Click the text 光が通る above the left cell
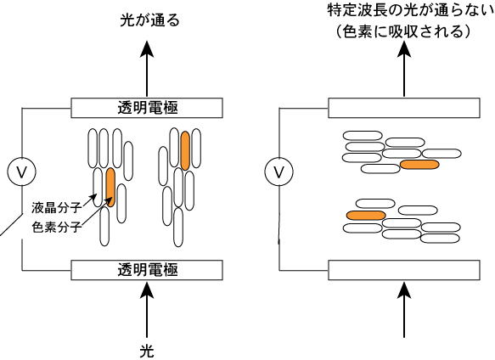[149, 20]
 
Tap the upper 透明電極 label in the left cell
[148, 108]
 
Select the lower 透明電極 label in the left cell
[148, 270]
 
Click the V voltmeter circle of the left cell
[21, 172]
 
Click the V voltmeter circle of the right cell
[278, 172]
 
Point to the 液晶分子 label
[57, 208]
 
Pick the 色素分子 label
[57, 227]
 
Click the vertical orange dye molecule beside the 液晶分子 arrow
[110, 188]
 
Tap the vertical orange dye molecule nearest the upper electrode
[185, 150]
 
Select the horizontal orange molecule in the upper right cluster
[419, 164]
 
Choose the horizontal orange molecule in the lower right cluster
[366, 216]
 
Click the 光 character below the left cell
[147, 351]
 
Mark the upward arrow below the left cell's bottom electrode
[147, 310]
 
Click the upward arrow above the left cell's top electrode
[147, 69]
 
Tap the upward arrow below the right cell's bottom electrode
[404, 310]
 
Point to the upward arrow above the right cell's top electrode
[404, 69]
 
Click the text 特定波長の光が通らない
[411, 10]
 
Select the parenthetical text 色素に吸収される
[402, 31]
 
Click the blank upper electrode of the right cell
[404, 108]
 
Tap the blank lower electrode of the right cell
[404, 270]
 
